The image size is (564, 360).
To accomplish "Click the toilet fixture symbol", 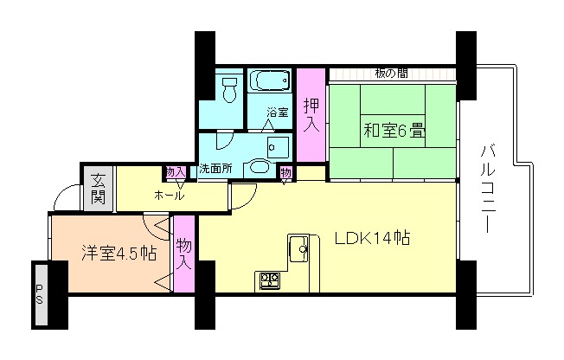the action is point(229,89).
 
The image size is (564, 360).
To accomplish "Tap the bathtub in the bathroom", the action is point(270,80).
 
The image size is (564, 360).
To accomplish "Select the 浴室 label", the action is point(278,112).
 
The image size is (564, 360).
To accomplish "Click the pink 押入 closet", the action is point(311,114).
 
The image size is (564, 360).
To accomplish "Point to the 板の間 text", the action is point(391,74).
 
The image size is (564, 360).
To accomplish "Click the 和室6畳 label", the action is point(394,130).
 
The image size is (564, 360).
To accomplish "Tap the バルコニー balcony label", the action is point(487,188).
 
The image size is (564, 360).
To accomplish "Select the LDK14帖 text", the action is point(372,238).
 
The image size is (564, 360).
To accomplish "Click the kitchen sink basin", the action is point(298,248).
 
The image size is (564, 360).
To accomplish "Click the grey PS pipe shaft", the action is point(40,294).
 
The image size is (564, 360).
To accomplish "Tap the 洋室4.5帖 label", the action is point(119,253).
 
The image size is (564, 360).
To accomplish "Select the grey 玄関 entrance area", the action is point(98,188).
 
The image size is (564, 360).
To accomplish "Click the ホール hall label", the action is point(169,196).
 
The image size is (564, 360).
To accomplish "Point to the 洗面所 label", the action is point(215,169).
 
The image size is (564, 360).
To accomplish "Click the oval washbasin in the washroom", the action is point(259,167).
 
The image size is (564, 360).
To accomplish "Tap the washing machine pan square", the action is point(278,147).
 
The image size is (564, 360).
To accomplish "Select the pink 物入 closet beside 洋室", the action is point(183,254).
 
